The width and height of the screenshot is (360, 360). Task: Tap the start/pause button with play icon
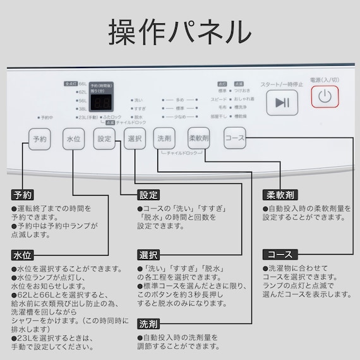pos(282,102)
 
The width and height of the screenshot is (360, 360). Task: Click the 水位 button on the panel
pos(73,138)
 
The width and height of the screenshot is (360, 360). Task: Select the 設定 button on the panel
pos(104,138)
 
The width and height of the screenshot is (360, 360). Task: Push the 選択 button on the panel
pos(135,138)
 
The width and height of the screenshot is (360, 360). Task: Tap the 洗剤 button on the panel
pos(164,138)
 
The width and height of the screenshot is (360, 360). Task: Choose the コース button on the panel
pos(234,138)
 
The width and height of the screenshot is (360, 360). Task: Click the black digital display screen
pos(101,104)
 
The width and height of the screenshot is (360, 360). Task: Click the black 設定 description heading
pos(148,195)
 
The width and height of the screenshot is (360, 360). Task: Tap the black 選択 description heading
pos(148,255)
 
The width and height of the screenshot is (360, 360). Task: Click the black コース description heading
pos(277,255)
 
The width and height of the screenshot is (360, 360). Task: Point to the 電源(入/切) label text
pos(324,80)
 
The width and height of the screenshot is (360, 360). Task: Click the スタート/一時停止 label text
pos(281,84)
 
